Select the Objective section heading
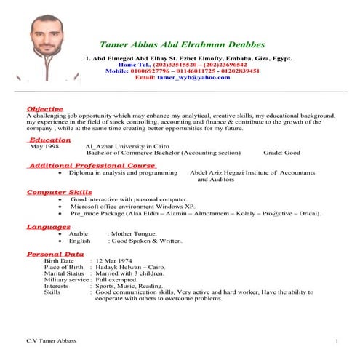46,108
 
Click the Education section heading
49,140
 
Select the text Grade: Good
281,153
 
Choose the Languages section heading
48,227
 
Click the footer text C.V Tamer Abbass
51,341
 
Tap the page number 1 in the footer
337,341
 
